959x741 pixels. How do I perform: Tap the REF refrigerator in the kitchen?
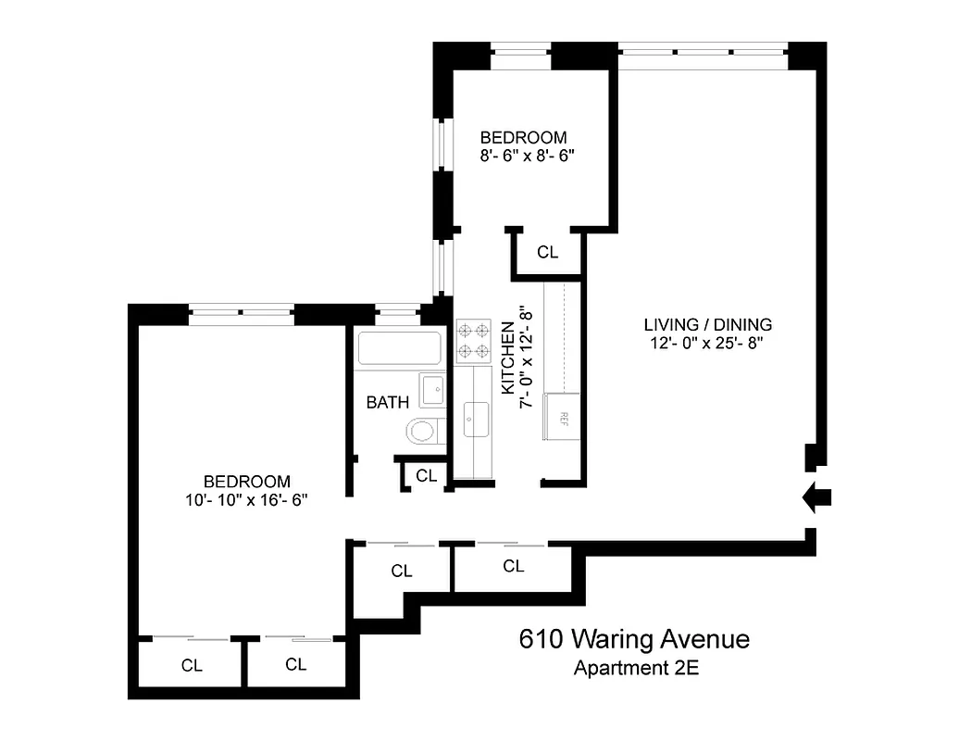[563, 415]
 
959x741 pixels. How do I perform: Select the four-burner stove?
[474, 339]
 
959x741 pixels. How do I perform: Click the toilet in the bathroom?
[423, 431]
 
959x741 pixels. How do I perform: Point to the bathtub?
[399, 348]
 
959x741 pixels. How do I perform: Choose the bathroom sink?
[431, 390]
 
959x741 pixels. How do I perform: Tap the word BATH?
[387, 402]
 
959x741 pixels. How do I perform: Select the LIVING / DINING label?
[708, 325]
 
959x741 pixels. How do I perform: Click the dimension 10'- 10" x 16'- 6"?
[246, 500]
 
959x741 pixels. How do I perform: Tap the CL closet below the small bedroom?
[547, 252]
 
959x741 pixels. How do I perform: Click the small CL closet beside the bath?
[426, 476]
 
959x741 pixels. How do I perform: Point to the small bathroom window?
[398, 311]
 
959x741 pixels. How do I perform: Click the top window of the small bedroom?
[520, 50]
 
